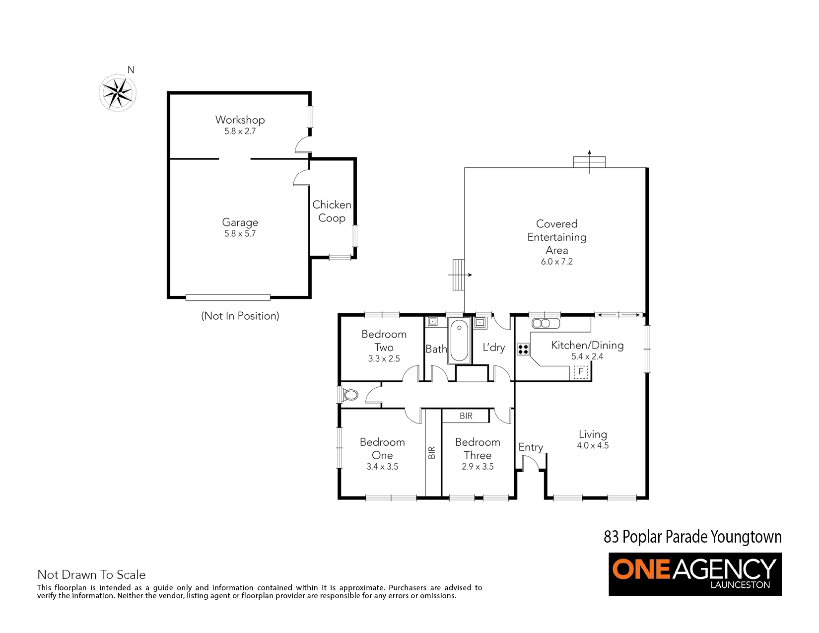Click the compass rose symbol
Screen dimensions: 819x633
click(118, 93)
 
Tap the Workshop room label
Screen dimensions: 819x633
click(240, 120)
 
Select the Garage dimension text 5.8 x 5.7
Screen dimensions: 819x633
click(240, 234)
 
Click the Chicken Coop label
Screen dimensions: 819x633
click(332, 211)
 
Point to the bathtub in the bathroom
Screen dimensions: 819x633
click(459, 341)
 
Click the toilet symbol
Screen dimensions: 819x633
click(349, 395)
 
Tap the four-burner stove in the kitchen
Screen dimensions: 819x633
click(523, 349)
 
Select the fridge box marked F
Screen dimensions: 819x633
click(581, 372)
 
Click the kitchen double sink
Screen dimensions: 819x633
click(546, 324)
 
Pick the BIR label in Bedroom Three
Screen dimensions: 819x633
click(466, 416)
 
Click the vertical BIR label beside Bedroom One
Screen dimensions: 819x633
click(432, 452)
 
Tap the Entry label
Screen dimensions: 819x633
click(531, 447)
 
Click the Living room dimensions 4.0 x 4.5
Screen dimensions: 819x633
click(593, 446)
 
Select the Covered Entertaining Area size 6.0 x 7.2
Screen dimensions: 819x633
click(557, 262)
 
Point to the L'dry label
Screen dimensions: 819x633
click(494, 347)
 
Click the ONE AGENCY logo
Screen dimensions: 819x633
click(695, 574)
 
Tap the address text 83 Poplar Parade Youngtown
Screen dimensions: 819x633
click(693, 537)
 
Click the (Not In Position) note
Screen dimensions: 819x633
click(240, 316)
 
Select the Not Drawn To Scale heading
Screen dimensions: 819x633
click(92, 574)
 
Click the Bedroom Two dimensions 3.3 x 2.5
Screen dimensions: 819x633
click(384, 358)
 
